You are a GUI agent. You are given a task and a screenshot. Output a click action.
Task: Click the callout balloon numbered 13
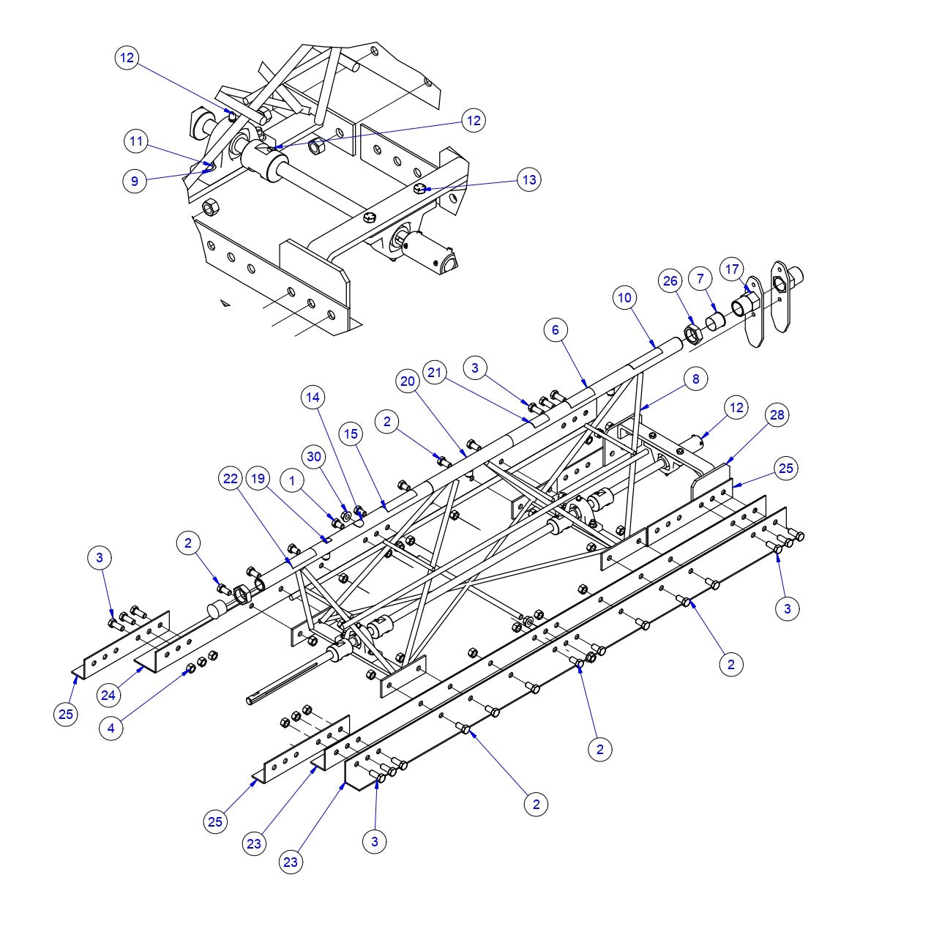(529, 179)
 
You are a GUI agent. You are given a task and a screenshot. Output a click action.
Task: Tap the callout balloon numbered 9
(135, 180)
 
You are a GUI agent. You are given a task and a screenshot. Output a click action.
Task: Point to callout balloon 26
(670, 280)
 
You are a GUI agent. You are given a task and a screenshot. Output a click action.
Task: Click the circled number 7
(700, 278)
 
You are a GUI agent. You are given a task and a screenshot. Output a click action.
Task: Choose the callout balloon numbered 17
(732, 269)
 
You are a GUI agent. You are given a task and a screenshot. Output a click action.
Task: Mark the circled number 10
(624, 297)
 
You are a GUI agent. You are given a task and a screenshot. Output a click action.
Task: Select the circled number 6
(556, 330)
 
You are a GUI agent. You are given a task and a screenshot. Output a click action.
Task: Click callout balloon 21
(435, 373)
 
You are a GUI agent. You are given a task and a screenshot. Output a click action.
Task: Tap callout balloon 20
(408, 381)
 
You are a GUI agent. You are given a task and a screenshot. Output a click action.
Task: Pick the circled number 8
(695, 379)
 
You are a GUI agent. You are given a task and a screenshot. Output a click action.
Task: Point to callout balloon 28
(777, 415)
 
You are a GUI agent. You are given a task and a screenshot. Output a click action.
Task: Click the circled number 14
(313, 398)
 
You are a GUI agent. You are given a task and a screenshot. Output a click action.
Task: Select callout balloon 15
(351, 433)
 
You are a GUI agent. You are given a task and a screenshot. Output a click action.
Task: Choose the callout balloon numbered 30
(314, 456)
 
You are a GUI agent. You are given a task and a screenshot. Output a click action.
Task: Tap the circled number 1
(293, 480)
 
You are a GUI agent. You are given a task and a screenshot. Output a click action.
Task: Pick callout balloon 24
(108, 695)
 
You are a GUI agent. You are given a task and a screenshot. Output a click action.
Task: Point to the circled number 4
(111, 728)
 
